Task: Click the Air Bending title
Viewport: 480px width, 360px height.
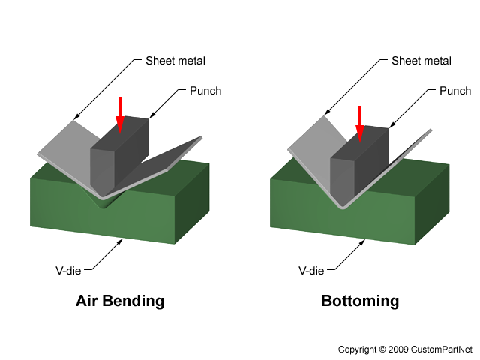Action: (x=120, y=301)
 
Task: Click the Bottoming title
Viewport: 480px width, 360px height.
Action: (x=360, y=301)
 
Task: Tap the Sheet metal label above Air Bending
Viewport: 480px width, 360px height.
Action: (x=176, y=60)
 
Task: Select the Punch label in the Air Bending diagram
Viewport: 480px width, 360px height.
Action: (x=203, y=91)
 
